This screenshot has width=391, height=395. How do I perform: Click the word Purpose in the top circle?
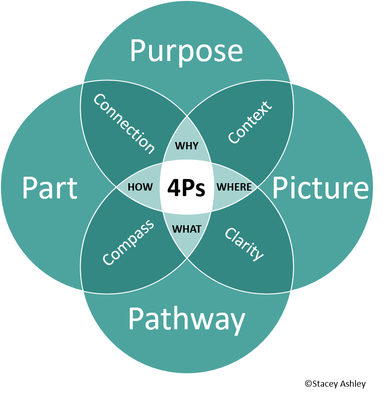point(186,51)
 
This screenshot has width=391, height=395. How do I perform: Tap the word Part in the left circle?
point(49,188)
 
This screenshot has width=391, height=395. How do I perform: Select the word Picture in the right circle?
point(320,188)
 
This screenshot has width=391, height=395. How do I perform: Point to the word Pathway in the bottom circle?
point(186,319)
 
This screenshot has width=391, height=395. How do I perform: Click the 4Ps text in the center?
point(186,188)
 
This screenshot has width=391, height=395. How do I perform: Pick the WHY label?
point(187,146)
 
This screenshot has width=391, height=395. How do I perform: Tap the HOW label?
point(140,187)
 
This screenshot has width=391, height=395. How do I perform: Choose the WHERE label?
point(234,187)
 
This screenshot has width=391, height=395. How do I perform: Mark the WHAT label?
point(187,229)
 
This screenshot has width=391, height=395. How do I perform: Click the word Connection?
point(124,123)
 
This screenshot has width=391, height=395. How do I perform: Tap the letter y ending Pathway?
point(237,322)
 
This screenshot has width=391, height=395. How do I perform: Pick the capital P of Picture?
point(280,188)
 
